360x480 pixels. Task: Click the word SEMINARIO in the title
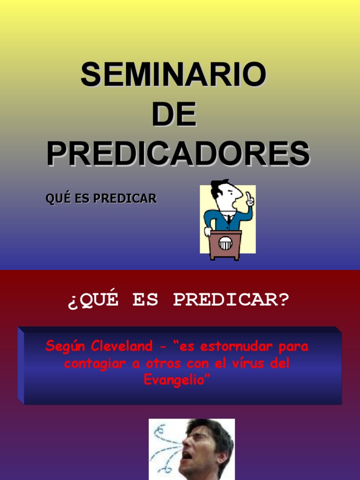click(173, 75)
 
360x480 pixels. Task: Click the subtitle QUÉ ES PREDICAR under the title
click(101, 198)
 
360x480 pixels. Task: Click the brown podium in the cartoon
click(225, 244)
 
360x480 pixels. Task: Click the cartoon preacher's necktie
click(228, 219)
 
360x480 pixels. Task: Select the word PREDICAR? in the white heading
click(232, 300)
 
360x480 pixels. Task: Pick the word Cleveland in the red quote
click(122, 347)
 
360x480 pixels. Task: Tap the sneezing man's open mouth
click(187, 455)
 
